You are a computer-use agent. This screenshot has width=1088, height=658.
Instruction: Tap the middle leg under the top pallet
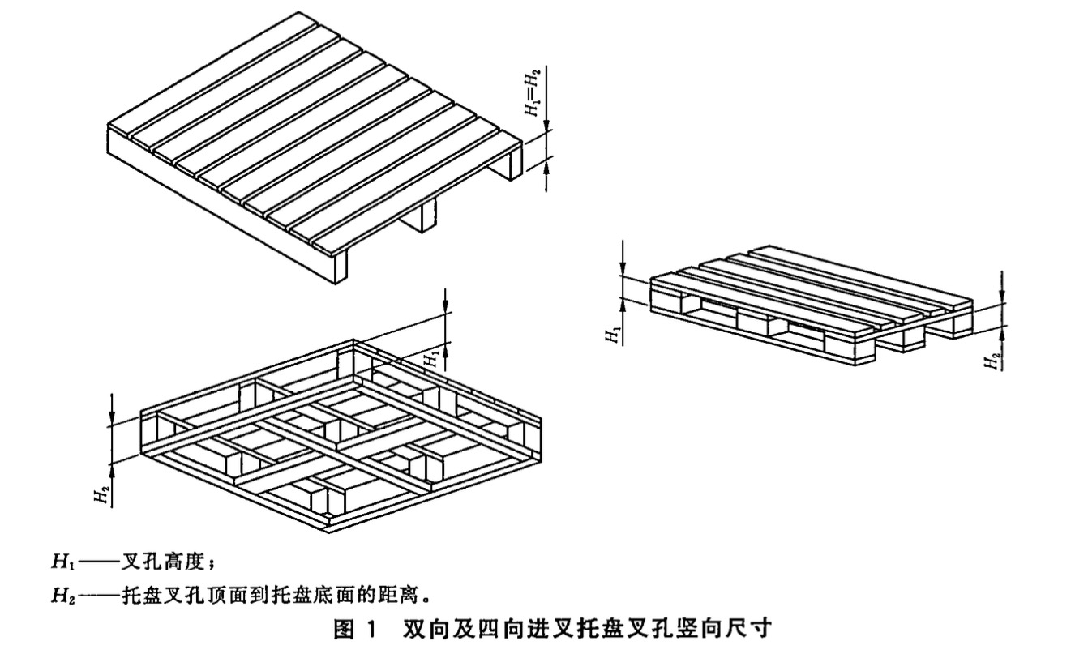(423, 218)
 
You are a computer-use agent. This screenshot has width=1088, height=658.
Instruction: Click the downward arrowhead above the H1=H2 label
(548, 126)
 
